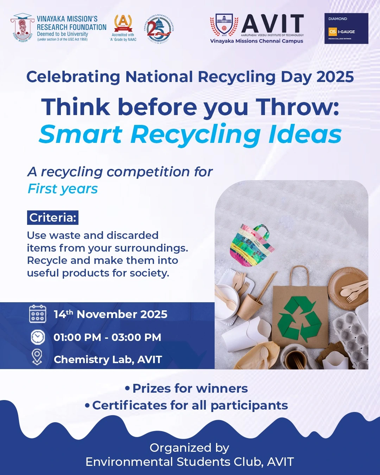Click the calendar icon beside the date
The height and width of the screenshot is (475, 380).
(x=38, y=314)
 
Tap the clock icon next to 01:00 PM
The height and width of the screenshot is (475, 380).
(x=38, y=337)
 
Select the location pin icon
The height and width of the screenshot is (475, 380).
(x=37, y=357)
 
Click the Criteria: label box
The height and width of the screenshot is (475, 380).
(x=53, y=217)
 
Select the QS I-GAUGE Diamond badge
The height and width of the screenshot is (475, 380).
(x=346, y=28)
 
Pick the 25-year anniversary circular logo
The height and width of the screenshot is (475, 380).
(x=159, y=29)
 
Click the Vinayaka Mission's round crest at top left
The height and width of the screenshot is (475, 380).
(x=23, y=28)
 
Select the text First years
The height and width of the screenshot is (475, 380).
(x=63, y=189)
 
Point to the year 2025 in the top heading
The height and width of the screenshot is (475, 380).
(x=335, y=77)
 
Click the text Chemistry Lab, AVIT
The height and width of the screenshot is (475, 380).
(x=108, y=360)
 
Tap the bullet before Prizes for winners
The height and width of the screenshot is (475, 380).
(x=127, y=388)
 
